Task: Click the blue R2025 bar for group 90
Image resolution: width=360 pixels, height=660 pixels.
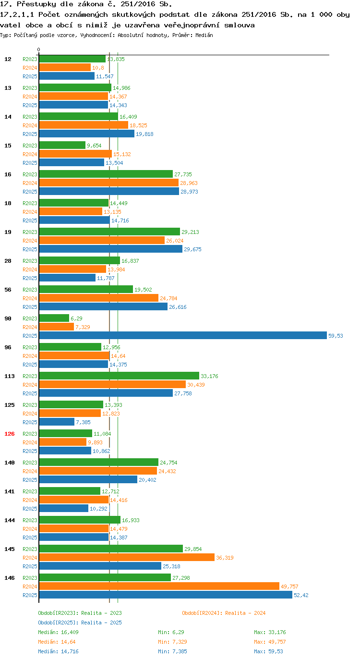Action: point(183,335)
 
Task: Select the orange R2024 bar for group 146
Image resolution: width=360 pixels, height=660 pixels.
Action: point(159,586)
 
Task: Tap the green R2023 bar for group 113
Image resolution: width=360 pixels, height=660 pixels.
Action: point(119,376)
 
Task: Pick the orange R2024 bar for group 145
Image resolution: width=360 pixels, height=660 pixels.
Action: point(127,557)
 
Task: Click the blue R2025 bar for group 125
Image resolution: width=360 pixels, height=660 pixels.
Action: point(57,422)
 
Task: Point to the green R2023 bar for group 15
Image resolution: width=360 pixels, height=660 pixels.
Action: point(62,145)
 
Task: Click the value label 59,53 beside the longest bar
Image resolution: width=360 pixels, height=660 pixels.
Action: point(336,336)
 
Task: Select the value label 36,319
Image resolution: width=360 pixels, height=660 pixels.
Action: point(225,558)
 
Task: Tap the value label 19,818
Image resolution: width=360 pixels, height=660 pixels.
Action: point(144,134)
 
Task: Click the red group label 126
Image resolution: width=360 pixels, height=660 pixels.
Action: point(10,434)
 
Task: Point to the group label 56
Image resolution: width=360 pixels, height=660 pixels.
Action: point(8,290)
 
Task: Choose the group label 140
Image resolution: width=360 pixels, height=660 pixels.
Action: point(10,463)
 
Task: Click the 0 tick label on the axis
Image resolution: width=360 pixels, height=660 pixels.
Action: point(38,49)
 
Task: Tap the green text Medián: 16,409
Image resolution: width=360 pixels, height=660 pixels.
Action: point(58,632)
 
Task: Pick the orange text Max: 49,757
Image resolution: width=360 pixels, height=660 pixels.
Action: point(270,641)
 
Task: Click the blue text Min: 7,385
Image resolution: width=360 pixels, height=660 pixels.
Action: point(172,651)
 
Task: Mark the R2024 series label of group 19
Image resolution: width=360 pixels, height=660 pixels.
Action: point(30,241)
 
